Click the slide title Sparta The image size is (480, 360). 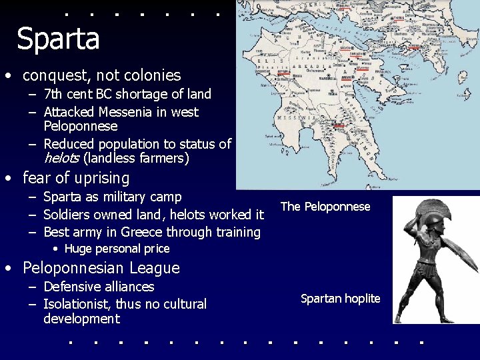click(x=58, y=39)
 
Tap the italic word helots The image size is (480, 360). click(x=61, y=159)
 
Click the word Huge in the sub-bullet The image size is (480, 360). click(x=78, y=249)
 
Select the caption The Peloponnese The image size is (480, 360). click(x=325, y=207)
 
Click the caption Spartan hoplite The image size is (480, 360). click(x=340, y=299)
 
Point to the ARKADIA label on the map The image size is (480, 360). click(x=307, y=66)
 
